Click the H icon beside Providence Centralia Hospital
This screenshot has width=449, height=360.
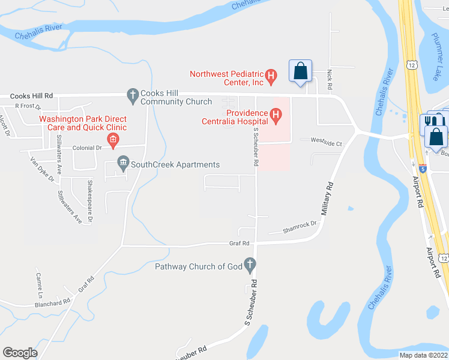pos(276,113)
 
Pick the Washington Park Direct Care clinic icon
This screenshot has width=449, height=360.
pos(112,140)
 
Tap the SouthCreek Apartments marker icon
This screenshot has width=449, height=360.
pos(123,163)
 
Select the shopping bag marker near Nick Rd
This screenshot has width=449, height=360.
pos(300,71)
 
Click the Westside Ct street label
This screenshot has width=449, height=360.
pos(326,143)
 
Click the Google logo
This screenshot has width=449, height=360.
pos(20,353)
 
